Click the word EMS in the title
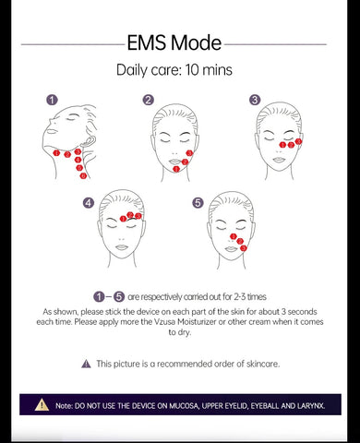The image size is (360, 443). tap(146, 42)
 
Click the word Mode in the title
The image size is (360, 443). tap(196, 42)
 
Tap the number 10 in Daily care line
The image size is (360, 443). tap(192, 70)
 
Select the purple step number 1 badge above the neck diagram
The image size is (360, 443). tap(52, 100)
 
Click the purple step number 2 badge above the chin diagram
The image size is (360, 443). tap(149, 100)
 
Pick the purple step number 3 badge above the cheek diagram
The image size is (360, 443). tap(255, 100)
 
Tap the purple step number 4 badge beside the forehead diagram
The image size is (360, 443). tap(89, 203)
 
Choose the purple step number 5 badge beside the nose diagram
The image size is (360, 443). tap(198, 203)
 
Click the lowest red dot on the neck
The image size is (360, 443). tap(83, 176)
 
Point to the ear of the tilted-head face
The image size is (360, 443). tap(89, 142)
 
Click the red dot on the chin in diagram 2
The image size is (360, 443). tap(176, 169)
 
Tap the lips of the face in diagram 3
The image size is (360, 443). tap(279, 160)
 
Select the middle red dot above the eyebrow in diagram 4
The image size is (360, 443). tap(130, 215)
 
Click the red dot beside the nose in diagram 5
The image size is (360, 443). tap(234, 236)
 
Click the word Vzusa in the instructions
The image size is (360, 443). tap(165, 322)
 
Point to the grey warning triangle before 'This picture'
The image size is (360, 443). tap(86, 364)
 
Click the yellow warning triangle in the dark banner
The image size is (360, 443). tap(42, 405)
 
